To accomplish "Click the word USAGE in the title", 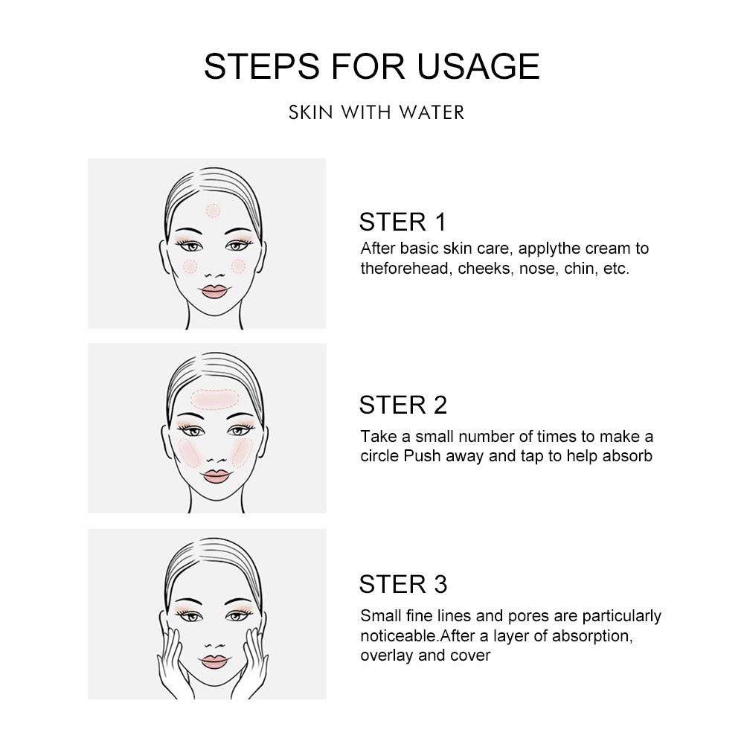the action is (x=478, y=66).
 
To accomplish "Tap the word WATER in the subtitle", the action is (x=432, y=112).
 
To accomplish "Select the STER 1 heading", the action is (x=403, y=222).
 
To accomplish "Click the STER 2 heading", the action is (x=403, y=405).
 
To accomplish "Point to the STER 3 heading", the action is (x=403, y=584).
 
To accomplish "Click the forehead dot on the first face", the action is (x=213, y=211).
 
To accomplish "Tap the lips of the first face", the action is (x=214, y=292).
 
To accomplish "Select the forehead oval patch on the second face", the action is (x=214, y=400).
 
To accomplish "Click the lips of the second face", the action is (x=216, y=476).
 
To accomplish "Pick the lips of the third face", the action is (x=214, y=661).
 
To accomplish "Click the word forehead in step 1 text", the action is (x=417, y=269).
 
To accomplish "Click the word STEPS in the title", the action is (x=262, y=66).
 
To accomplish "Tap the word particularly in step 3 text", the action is (x=621, y=616).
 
